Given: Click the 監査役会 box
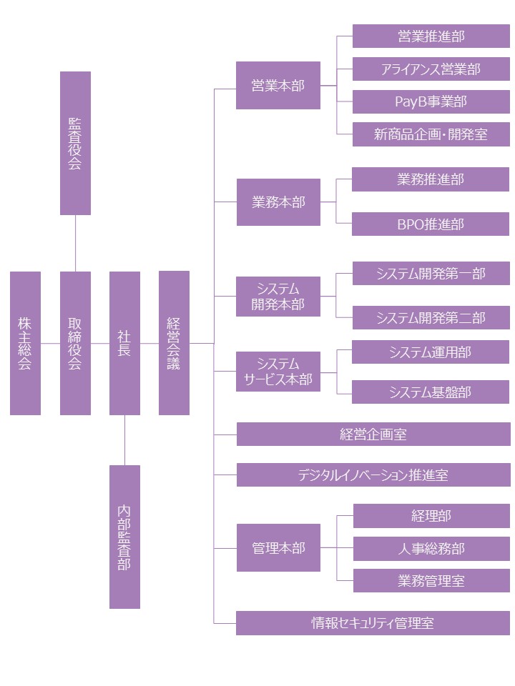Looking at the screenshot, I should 75,143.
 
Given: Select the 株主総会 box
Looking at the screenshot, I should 25,343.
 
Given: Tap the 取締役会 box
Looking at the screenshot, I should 75,343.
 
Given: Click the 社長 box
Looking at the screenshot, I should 124,343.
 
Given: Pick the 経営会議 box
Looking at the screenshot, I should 174,343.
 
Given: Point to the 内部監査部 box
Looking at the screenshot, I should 124,537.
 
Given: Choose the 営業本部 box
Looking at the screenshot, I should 278,86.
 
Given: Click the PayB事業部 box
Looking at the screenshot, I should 431,102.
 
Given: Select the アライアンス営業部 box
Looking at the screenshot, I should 431,69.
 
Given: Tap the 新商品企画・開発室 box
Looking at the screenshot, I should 431,134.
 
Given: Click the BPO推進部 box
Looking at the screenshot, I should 431,224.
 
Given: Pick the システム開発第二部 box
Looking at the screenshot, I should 431,318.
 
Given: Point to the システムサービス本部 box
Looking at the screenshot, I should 278,372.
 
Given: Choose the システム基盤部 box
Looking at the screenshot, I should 431,392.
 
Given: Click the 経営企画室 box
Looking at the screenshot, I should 373,434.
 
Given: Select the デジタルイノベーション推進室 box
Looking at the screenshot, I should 373,474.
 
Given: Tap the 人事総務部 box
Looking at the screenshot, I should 431,549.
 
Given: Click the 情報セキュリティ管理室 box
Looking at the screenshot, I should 373,623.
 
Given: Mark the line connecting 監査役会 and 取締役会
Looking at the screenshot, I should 75,243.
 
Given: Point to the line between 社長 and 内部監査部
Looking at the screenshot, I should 124,440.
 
